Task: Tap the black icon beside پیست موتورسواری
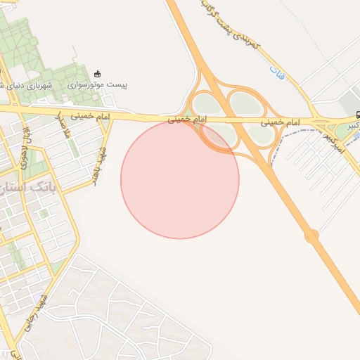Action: [97, 74]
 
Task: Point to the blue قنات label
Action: [276, 70]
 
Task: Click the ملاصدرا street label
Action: [63, 126]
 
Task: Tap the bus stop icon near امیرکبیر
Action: [359, 115]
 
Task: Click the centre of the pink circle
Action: [180, 179]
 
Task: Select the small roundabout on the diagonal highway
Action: [312, 236]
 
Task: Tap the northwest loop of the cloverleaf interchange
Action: [204, 103]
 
